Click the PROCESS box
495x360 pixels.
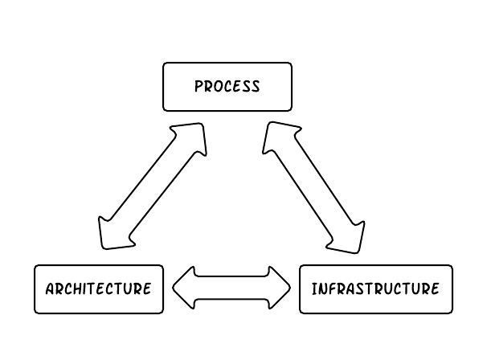pos(227,87)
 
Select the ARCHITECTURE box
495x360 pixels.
pos(98,288)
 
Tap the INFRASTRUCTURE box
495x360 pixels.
pos(375,288)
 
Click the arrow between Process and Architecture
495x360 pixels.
pos(152,186)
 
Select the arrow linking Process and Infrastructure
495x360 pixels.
pos(313,186)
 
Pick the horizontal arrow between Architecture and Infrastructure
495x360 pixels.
pos(231,288)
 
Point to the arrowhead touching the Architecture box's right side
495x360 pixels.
pos(184,288)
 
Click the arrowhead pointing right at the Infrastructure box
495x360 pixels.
pos(280,288)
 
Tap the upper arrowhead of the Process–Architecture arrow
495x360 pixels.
pos(190,138)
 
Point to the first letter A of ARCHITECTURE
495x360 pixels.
pos(50,288)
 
